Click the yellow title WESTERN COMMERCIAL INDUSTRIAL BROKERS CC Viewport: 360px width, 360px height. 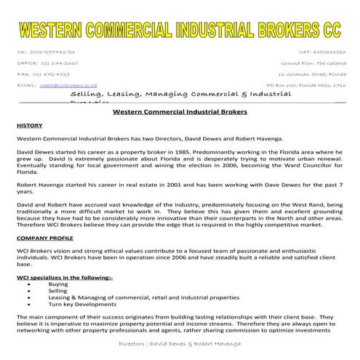pos(180,31)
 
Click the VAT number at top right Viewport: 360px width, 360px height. pos(322,52)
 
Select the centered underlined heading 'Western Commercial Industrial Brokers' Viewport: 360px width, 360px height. pos(180,112)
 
